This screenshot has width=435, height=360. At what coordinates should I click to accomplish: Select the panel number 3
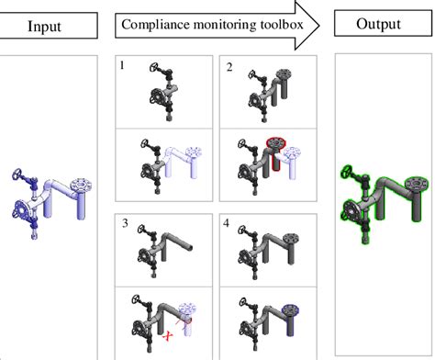pyautogui.click(x=124, y=223)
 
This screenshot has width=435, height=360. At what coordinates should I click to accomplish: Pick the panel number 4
pyautogui.click(x=229, y=223)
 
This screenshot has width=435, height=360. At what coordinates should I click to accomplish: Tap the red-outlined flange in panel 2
pyautogui.click(x=275, y=144)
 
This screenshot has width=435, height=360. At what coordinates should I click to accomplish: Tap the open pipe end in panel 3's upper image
pyautogui.click(x=190, y=246)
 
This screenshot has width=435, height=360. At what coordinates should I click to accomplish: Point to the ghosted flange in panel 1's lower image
pyautogui.click(x=193, y=152)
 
